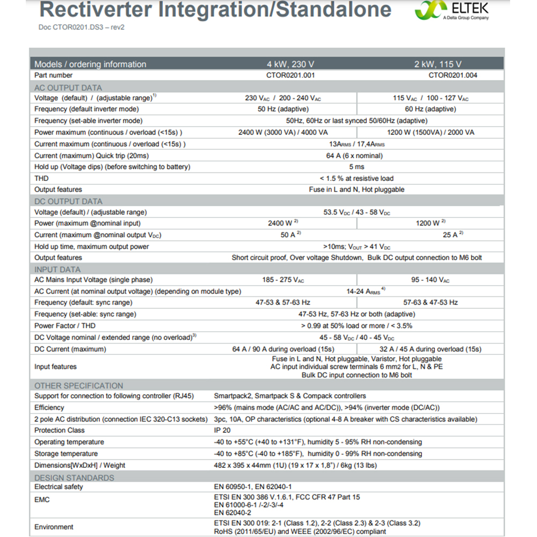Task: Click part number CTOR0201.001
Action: tap(291, 76)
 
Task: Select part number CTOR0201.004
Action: tap(453, 76)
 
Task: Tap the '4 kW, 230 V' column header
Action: tap(291, 64)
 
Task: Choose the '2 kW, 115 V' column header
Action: tap(438, 64)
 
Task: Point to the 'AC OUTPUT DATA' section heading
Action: tap(68, 88)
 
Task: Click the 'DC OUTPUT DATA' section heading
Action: tap(68, 201)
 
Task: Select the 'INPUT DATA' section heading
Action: tap(57, 270)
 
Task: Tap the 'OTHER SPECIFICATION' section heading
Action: tap(78, 386)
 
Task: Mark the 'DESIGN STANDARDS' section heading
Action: tap(74, 477)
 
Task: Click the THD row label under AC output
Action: tap(41, 178)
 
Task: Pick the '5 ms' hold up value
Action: tap(357, 167)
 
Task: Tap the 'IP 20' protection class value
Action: tap(223, 430)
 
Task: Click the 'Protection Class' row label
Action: tap(60, 430)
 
